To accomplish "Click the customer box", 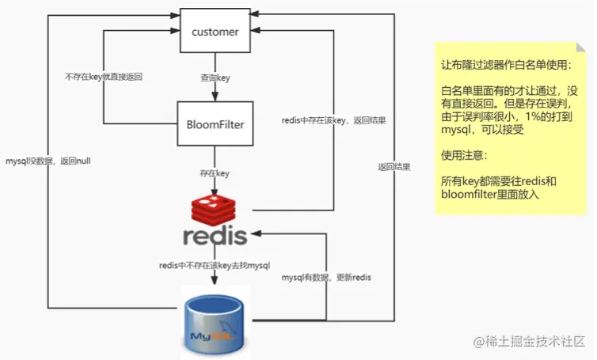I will pos(215,32).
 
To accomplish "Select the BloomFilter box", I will pos(215,123).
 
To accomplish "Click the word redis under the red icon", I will pos(215,236).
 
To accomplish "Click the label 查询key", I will pos(215,78).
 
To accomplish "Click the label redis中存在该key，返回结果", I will pos(333,120).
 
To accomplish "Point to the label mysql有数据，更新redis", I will pos(327,278).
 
